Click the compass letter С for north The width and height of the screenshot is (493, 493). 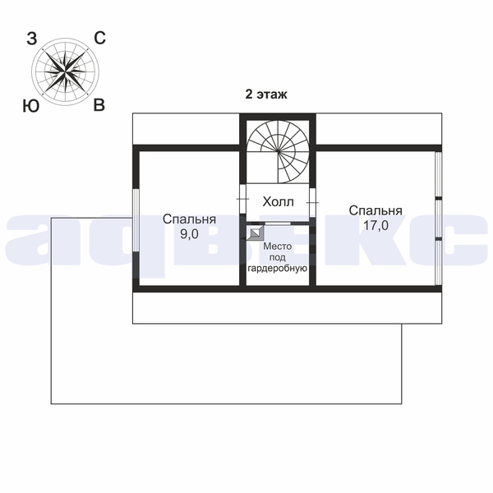99,39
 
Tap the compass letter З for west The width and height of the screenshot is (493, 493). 32,39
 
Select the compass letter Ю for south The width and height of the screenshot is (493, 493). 31,106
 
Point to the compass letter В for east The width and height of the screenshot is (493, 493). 99,105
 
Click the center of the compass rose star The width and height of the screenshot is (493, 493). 65,71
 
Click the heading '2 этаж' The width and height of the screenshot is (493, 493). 266,94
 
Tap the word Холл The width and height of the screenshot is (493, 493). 278,202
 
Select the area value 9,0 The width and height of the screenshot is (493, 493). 189,234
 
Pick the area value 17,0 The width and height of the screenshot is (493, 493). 376,225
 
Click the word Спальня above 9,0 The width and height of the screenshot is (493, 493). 189,219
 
